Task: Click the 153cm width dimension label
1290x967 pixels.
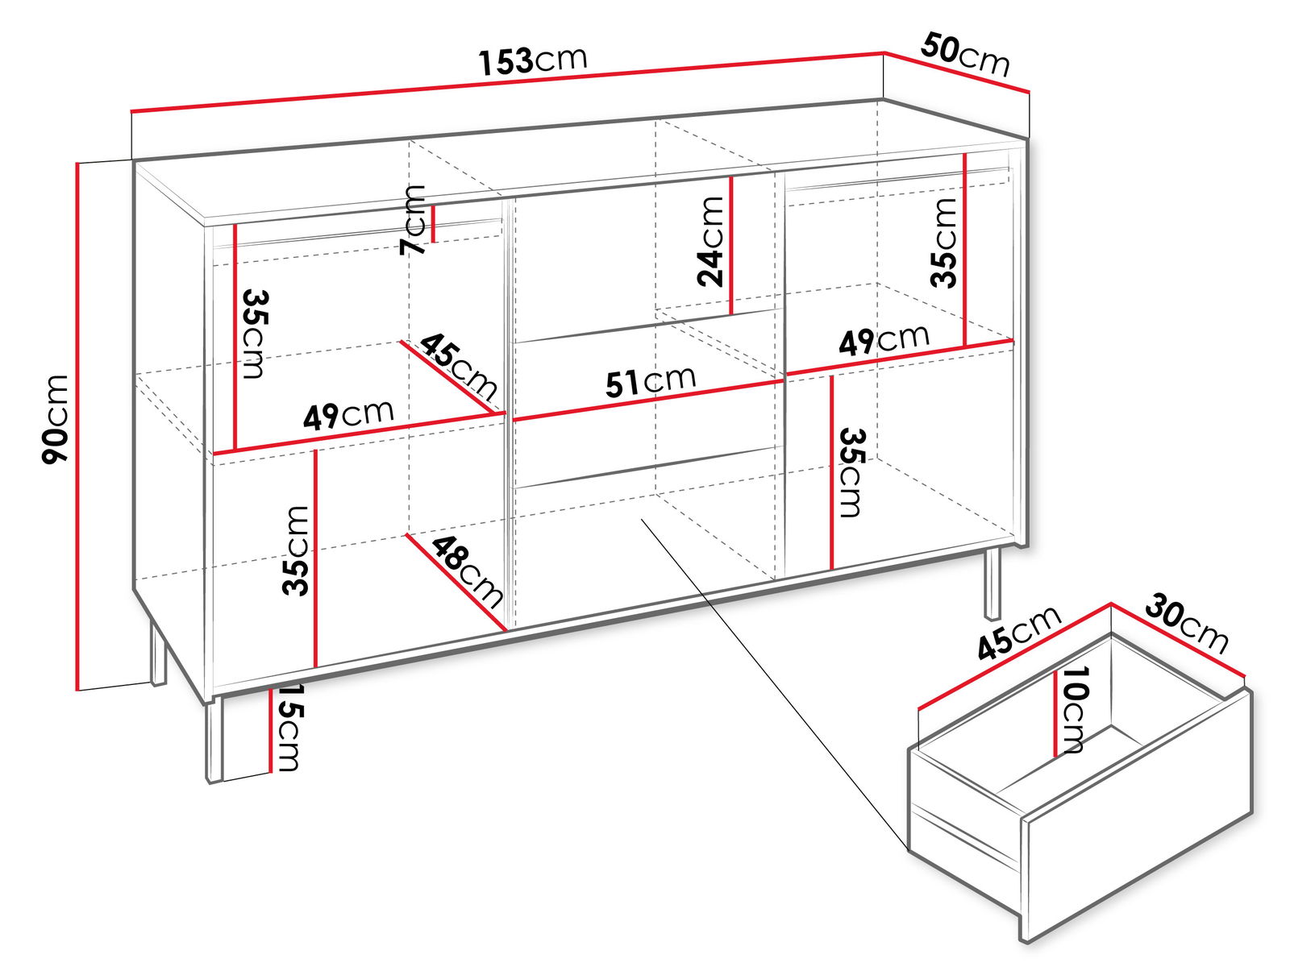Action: pyautogui.click(x=532, y=60)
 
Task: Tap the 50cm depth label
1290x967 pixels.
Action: pyautogui.click(x=965, y=55)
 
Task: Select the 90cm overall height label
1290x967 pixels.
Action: pyautogui.click(x=56, y=419)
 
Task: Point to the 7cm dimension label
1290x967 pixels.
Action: pyautogui.click(x=412, y=219)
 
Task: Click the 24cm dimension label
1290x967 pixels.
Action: pyautogui.click(x=710, y=241)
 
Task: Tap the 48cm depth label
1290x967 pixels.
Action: pyautogui.click(x=468, y=573)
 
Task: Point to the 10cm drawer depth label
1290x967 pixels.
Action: pyautogui.click(x=1075, y=709)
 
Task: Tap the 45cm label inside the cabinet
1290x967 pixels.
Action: pyautogui.click(x=459, y=365)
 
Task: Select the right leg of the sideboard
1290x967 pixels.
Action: pyautogui.click(x=992, y=583)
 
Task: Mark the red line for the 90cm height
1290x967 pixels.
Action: pyautogui.click(x=77, y=426)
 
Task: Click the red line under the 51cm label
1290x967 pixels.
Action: pyautogui.click(x=648, y=401)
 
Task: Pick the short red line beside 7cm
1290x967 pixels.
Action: pyautogui.click(x=433, y=224)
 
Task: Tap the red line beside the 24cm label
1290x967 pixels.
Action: pyautogui.click(x=731, y=246)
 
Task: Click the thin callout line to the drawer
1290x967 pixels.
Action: pyautogui.click(x=775, y=685)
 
